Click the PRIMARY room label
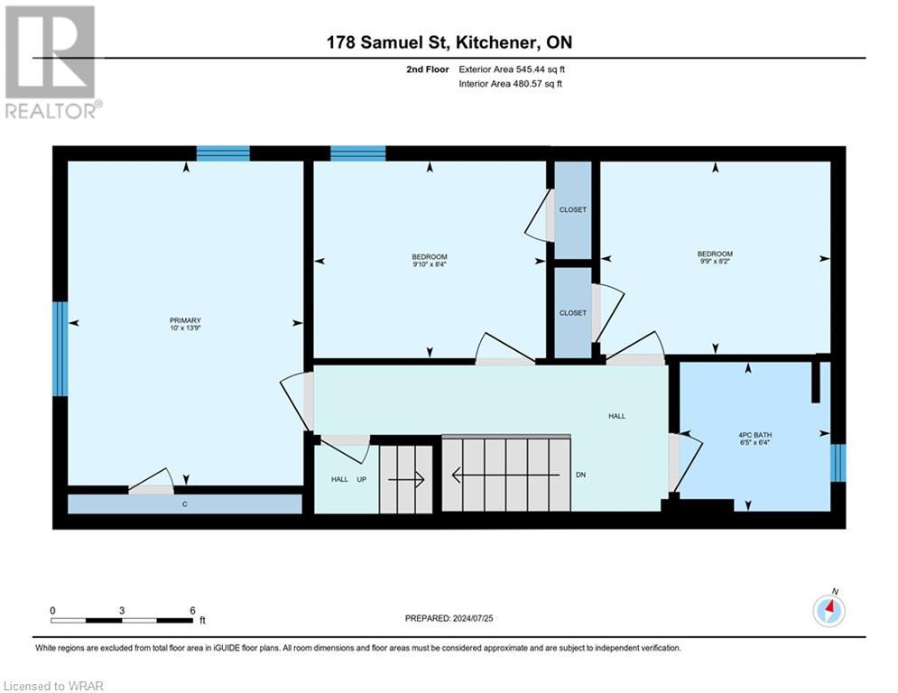tap(185, 320)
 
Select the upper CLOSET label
tap(573, 209)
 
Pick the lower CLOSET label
tap(573, 313)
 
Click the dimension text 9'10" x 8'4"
tap(430, 264)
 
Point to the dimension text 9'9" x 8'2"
tap(715, 261)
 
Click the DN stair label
tap(580, 475)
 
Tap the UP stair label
tap(361, 479)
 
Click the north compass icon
tap(829, 611)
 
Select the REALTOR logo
tap(51, 62)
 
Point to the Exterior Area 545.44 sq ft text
tap(512, 69)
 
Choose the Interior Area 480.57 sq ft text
tap(510, 84)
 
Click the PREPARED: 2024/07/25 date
tap(449, 618)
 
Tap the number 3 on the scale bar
tap(122, 611)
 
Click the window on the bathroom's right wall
tap(838, 463)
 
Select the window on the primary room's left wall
tap(60, 349)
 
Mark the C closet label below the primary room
tap(184, 504)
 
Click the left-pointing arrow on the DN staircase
tap(505, 475)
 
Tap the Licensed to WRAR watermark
tap(53, 686)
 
